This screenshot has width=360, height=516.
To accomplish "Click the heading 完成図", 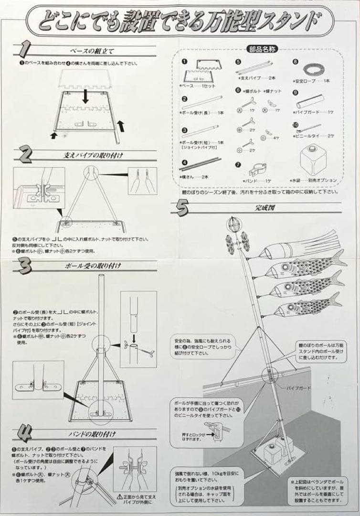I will (264, 208).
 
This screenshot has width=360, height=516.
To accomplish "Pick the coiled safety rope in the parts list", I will (313, 70).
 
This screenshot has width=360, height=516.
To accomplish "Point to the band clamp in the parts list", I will (258, 170).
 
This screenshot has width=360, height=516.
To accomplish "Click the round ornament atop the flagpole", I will (234, 225).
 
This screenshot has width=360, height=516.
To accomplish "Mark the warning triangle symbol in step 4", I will (119, 497).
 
